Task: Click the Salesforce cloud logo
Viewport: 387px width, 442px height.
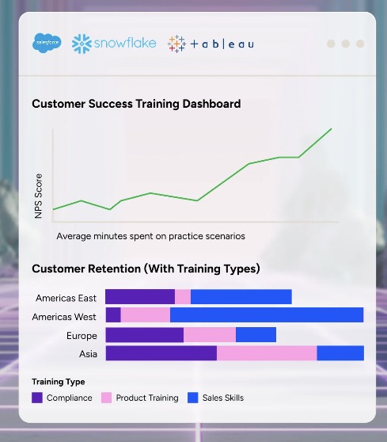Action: coord(47,43)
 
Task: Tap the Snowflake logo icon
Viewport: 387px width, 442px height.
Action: coord(82,44)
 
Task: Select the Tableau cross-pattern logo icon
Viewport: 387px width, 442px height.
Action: coord(176,44)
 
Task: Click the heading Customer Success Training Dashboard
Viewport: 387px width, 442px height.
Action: coord(136,104)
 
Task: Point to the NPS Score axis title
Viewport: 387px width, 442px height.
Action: coord(38,196)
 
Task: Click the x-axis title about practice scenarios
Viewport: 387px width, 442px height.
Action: coord(150,236)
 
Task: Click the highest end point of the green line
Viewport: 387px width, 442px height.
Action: coord(332,129)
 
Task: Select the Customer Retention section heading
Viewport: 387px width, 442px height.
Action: coord(146,269)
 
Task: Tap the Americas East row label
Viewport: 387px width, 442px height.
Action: coord(66,298)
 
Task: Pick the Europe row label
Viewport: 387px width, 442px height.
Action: coord(82,335)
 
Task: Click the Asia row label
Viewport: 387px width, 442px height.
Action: coord(88,354)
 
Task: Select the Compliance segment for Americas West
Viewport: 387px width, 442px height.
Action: coord(113,315)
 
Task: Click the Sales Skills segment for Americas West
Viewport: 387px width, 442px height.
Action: coord(267,315)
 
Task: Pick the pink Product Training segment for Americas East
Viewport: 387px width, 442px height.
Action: coord(183,296)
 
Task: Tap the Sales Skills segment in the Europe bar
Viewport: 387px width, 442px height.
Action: coord(256,334)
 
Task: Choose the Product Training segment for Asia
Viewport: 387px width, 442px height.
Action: coord(267,353)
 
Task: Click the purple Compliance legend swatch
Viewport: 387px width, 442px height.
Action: coord(37,398)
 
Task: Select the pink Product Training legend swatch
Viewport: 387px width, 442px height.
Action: coord(107,398)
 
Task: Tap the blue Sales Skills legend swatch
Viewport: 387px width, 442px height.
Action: coord(193,398)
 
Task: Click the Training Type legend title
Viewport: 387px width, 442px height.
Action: coord(59,382)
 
